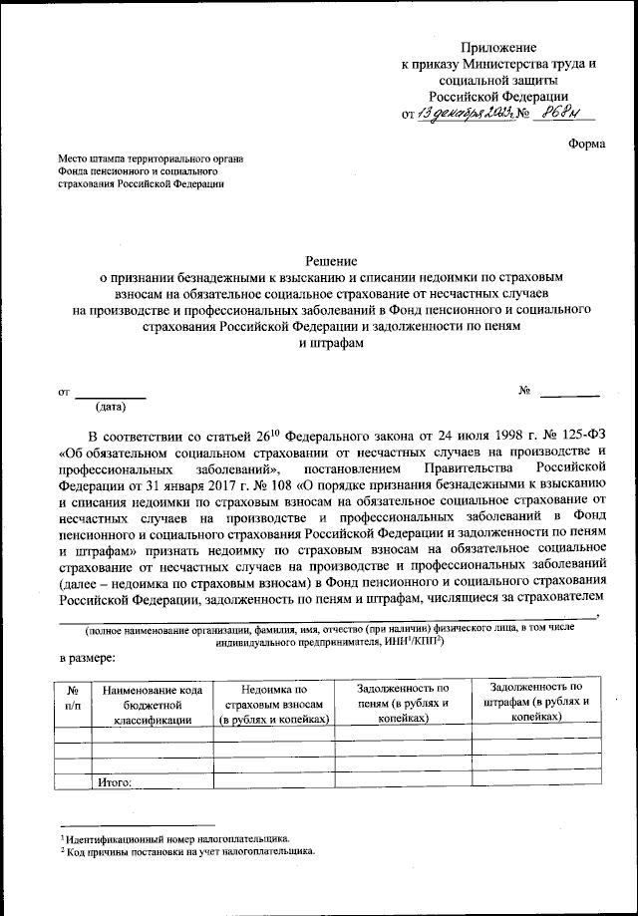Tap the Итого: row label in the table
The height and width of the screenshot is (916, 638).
pos(117,782)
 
